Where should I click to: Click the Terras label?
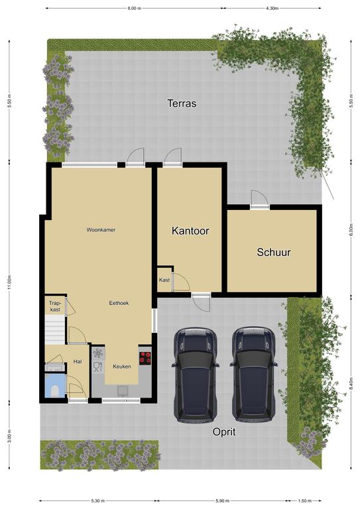[182, 103]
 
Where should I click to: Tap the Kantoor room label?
[190, 231]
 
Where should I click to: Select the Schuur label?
[274, 253]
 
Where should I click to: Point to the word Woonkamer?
[101, 230]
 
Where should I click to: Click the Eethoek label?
[119, 303]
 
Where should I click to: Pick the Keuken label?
[122, 367]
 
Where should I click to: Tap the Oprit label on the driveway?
[224, 432]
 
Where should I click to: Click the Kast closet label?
[164, 280]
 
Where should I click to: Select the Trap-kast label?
[55, 306]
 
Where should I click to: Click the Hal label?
[78, 362]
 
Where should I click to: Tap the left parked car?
[195, 374]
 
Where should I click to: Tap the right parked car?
[253, 374]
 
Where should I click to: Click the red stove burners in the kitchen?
[145, 358]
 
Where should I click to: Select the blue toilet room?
[55, 386]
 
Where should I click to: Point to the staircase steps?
[55, 330]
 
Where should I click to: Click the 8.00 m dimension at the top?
[135, 9]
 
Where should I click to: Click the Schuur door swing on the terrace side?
[260, 198]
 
